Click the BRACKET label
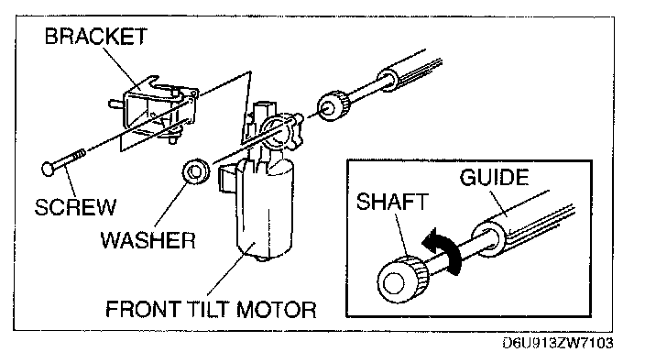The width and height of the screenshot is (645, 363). coord(96,37)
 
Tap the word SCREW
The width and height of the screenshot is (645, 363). coord(75,207)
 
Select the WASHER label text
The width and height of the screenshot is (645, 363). coord(148,240)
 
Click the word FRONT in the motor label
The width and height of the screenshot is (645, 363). coord(143,309)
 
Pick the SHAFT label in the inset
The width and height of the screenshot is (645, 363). coord(392,202)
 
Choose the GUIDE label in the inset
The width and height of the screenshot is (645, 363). coord(494,178)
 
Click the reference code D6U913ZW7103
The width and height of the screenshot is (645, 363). coord(558,343)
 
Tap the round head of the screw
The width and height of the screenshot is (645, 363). coord(49,169)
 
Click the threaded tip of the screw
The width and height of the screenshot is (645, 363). coord(78,157)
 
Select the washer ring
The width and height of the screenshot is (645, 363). coord(196,171)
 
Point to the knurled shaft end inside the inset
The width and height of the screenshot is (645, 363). coord(403,279)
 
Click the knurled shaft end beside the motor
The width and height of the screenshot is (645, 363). coord(333,105)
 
